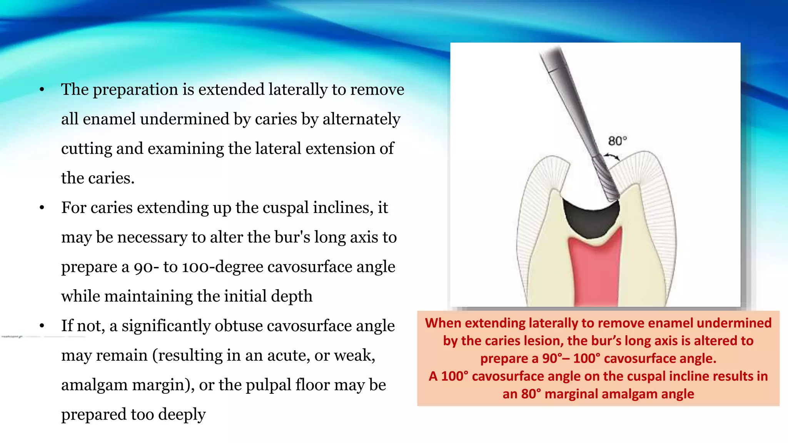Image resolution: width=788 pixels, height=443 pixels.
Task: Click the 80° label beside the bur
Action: [x=617, y=141]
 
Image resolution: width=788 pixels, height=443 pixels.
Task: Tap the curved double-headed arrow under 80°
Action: [x=611, y=156]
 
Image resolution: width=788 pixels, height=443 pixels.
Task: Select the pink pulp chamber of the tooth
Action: [x=594, y=269]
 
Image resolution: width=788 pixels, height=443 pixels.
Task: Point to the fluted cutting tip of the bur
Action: [x=605, y=179]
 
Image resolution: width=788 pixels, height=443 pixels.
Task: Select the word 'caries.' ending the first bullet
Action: [x=111, y=178]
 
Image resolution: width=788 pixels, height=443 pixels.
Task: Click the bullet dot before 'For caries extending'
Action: [x=42, y=208]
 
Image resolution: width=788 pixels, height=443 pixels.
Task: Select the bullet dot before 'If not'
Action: [x=42, y=326]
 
